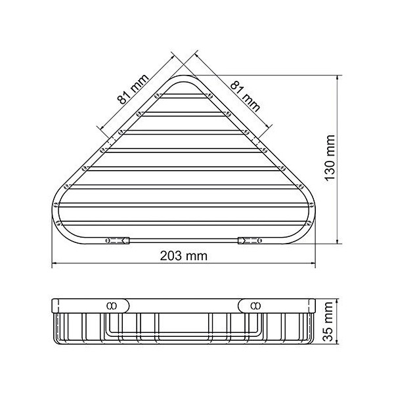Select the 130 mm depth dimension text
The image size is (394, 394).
point(330,158)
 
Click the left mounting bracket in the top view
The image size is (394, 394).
point(117,241)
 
